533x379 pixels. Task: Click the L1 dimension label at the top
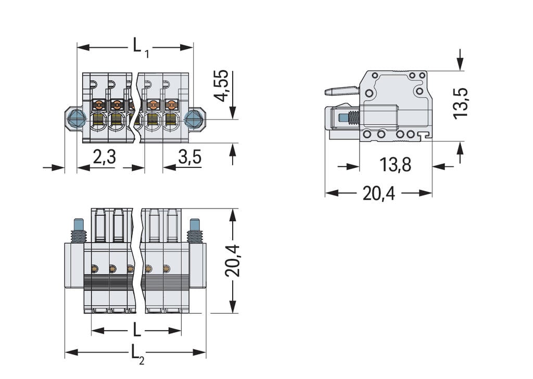pyautogui.click(x=139, y=46)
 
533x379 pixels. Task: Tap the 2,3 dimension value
pyautogui.click(x=104, y=156)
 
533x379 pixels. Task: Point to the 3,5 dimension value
pyautogui.click(x=189, y=156)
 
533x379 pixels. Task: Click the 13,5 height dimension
pyautogui.click(x=461, y=103)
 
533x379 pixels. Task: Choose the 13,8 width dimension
pyautogui.click(x=395, y=165)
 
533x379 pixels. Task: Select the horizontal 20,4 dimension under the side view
pyautogui.click(x=378, y=193)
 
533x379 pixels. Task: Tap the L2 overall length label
pyautogui.click(x=136, y=353)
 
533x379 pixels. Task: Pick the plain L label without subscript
pyautogui.click(x=136, y=330)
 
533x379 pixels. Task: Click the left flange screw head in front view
pyautogui.click(x=76, y=119)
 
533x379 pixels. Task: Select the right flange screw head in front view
pyautogui.click(x=194, y=119)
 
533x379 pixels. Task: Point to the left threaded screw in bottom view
pyautogui.click(x=78, y=231)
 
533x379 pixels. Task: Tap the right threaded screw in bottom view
pyautogui.click(x=195, y=231)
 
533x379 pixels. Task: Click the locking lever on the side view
pyautogui.click(x=341, y=91)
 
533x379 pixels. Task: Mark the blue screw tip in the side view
pyautogui.click(x=343, y=118)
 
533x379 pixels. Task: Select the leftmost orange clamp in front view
pyautogui.click(x=98, y=105)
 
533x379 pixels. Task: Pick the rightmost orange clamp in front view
pyautogui.click(x=170, y=105)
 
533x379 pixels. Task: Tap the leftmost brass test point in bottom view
pyautogui.click(x=95, y=268)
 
